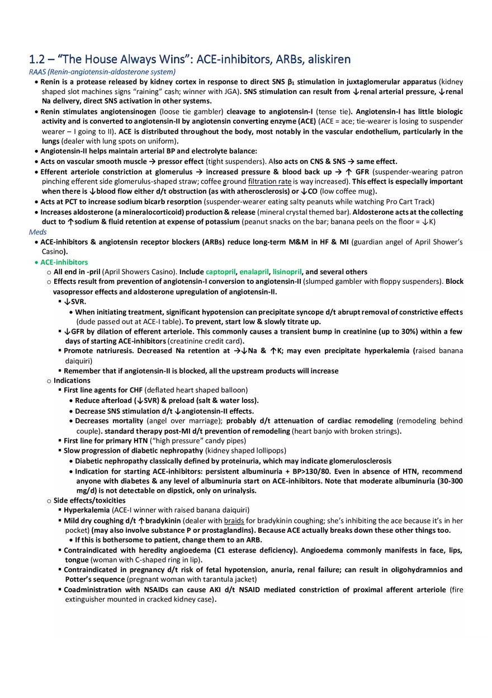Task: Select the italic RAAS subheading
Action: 102,72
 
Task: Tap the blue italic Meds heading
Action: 38,232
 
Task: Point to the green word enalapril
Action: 254,272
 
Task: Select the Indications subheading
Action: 72,381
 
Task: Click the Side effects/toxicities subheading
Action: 89,500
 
